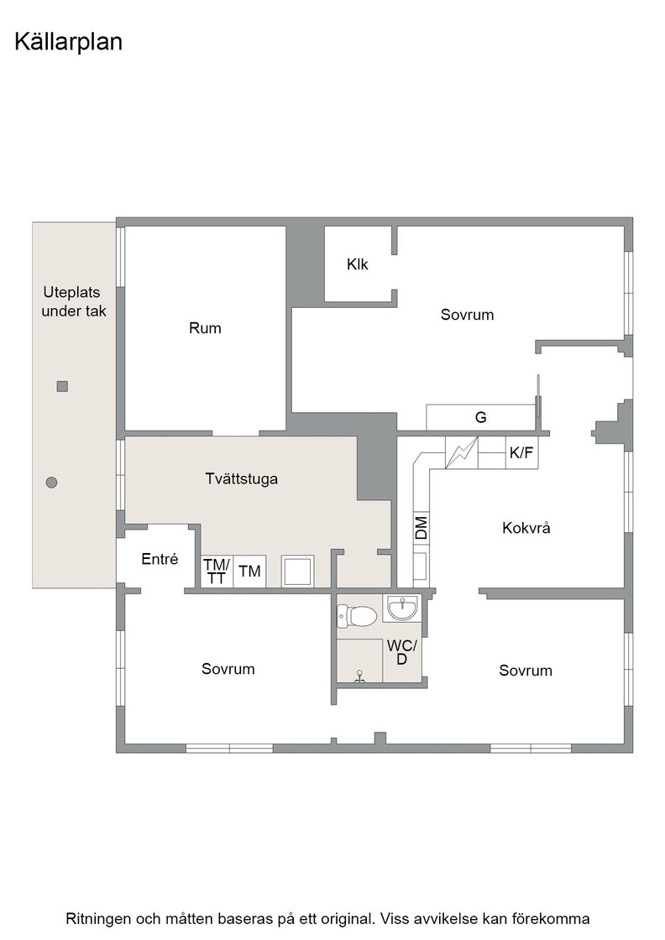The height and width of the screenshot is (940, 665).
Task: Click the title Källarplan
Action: pos(68,43)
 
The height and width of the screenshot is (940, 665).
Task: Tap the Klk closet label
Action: pos(358,264)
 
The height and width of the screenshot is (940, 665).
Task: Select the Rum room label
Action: pos(205,328)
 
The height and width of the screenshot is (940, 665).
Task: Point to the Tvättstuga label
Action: pos(242,479)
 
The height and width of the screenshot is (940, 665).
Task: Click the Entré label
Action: pos(160,559)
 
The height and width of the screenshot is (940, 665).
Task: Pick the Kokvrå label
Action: pos(526,528)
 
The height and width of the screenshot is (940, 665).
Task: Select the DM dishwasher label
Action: pos(422,528)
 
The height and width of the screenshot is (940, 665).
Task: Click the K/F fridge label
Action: pos(521,453)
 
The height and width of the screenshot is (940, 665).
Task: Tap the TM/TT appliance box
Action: pos(216,572)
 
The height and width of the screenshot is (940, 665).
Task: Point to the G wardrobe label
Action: pos(481,418)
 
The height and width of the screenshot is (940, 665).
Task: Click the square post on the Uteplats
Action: pos(62,387)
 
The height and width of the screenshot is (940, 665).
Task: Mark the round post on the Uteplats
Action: pos(51,482)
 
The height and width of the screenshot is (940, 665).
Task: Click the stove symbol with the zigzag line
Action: pos(462,452)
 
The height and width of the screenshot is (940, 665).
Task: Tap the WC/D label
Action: pos(401,652)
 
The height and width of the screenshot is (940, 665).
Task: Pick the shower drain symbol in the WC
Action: pos(359,676)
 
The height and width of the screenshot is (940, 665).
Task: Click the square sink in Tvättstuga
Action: pos(298,572)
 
